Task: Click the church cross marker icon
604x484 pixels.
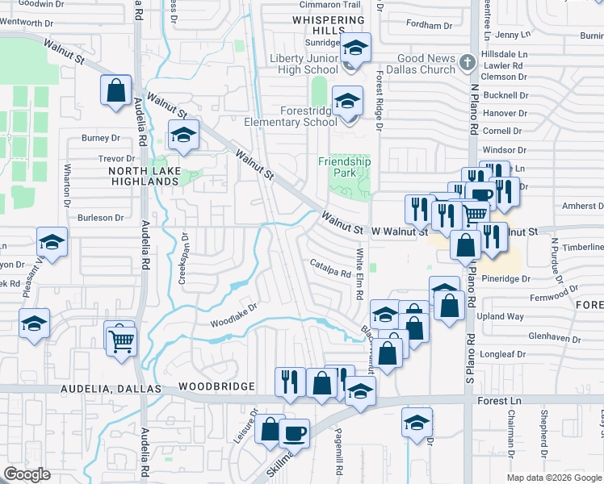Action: (x=467, y=62)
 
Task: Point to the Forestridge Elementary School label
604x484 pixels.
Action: (x=297, y=116)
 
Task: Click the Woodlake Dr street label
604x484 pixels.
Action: (x=233, y=315)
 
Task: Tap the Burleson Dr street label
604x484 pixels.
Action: (x=100, y=218)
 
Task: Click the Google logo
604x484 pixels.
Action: (x=27, y=474)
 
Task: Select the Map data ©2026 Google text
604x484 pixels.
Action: (x=553, y=478)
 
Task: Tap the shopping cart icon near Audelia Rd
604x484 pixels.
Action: (x=122, y=340)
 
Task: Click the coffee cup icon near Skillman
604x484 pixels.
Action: (x=294, y=434)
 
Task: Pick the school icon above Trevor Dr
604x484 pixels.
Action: (x=183, y=135)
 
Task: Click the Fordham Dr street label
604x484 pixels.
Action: (x=429, y=23)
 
